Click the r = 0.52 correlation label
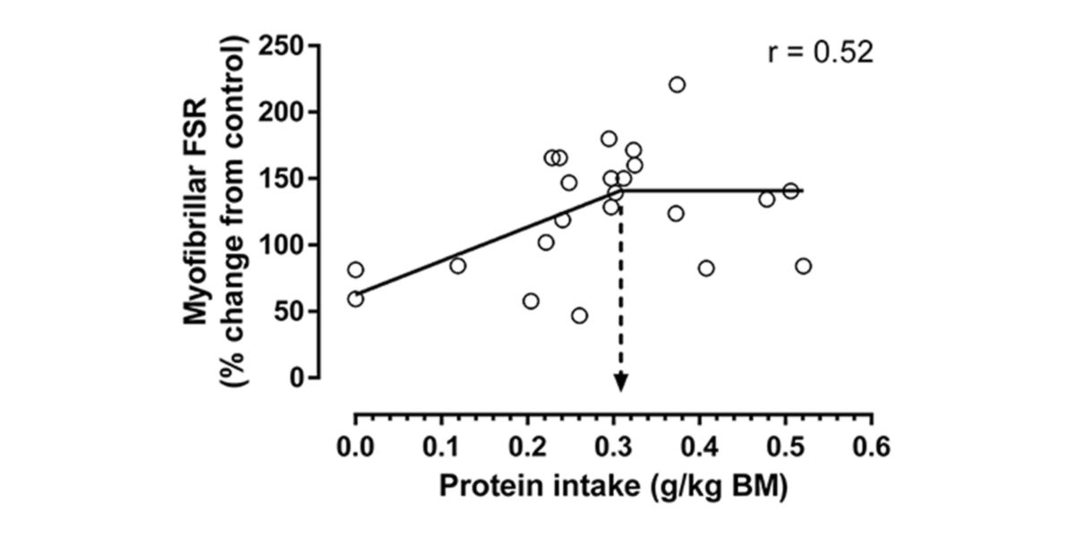(820, 53)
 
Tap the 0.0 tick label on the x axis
(355, 445)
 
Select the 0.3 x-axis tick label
(614, 445)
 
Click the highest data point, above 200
(677, 85)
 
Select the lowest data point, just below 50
(579, 316)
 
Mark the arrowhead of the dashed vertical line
(620, 382)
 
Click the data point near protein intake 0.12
(457, 266)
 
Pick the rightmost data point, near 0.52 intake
(803, 266)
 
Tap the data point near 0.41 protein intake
(706, 268)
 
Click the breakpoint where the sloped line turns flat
(621, 190)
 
